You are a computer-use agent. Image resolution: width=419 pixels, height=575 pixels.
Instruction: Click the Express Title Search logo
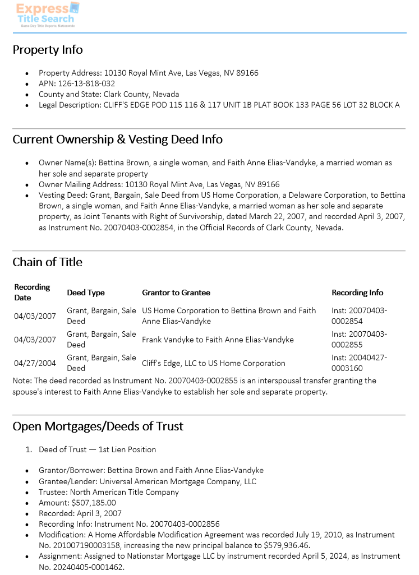click(48, 15)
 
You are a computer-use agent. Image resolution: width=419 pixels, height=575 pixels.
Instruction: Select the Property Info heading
click(48, 50)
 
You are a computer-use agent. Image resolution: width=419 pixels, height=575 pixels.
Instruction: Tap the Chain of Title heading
click(47, 262)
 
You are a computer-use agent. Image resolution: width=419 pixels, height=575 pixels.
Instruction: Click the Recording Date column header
click(32, 292)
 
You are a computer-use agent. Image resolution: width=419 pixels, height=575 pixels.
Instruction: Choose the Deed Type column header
click(86, 293)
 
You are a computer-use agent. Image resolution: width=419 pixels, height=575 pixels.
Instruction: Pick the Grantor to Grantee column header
click(176, 293)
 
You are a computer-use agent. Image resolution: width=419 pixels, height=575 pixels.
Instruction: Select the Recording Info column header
click(357, 293)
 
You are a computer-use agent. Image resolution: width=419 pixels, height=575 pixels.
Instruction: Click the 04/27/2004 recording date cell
click(35, 363)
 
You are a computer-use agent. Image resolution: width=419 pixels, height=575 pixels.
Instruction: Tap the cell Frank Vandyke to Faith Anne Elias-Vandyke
click(218, 340)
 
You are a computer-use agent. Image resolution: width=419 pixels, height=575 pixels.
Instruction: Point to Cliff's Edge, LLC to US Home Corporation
click(214, 363)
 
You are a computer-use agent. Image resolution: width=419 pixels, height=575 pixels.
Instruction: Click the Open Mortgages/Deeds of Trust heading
click(98, 426)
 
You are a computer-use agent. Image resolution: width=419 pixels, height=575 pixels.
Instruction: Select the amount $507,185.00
click(94, 503)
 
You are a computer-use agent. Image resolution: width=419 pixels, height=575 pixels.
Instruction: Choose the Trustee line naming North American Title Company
click(109, 492)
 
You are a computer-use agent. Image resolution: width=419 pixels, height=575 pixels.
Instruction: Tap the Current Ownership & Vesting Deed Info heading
click(118, 140)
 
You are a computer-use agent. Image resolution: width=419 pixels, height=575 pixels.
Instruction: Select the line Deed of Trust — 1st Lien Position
click(97, 449)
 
